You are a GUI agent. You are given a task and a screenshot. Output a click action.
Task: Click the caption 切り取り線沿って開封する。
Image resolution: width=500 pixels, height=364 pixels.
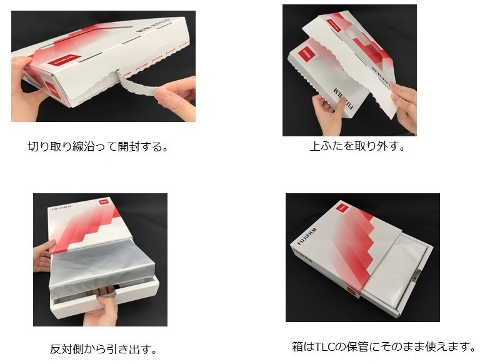tap(97, 147)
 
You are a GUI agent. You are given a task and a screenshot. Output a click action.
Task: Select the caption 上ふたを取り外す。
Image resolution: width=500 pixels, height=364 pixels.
tap(357, 146)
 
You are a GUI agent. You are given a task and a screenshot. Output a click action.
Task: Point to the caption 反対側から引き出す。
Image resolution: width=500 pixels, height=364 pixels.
tap(103, 349)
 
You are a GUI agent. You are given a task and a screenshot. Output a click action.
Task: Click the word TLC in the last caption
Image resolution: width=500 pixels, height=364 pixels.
tap(325, 346)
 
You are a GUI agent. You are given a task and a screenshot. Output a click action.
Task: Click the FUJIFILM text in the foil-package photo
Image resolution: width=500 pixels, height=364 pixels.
tap(61, 208)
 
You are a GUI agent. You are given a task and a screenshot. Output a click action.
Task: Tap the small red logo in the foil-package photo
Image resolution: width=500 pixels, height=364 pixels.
tap(103, 202)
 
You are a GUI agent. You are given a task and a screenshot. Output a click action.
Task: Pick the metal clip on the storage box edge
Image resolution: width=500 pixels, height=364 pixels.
tap(416, 276)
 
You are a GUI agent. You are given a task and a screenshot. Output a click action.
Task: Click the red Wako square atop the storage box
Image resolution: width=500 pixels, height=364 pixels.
tap(342, 209)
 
